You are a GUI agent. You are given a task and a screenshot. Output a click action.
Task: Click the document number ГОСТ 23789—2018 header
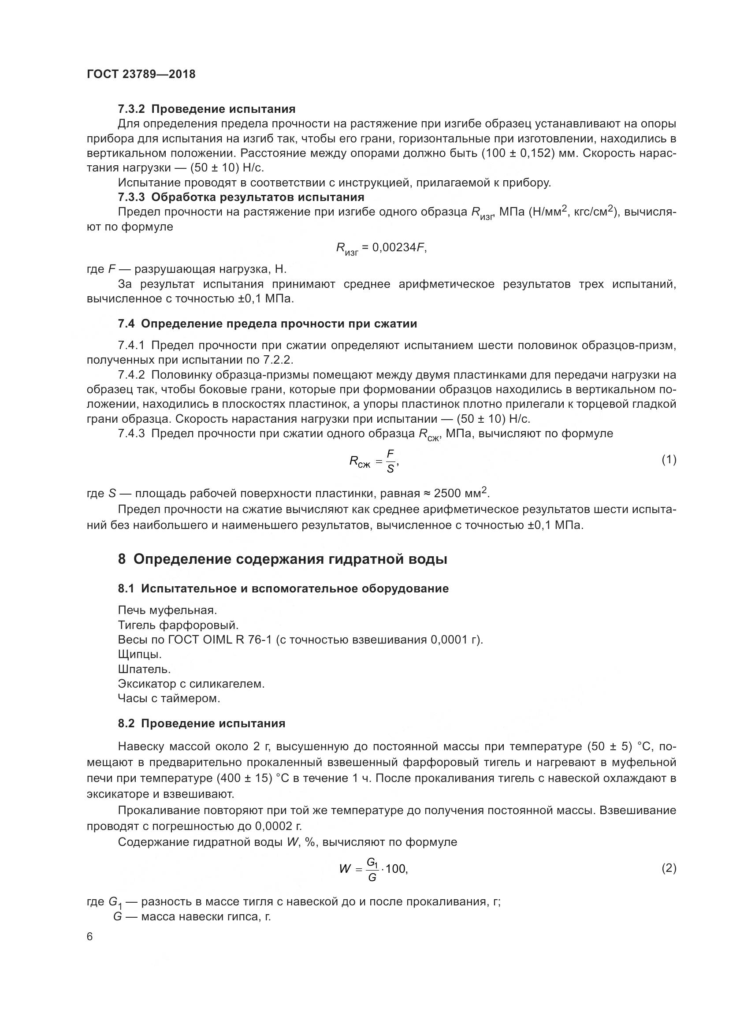(x=141, y=74)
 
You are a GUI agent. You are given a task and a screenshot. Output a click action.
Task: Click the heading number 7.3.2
(x=131, y=109)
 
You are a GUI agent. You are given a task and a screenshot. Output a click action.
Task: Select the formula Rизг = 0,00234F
(x=381, y=248)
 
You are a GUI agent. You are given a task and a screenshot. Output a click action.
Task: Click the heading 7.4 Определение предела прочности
(x=268, y=324)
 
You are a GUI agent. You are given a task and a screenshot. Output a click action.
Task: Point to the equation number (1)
(x=669, y=459)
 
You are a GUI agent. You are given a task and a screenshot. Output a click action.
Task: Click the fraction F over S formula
(x=390, y=461)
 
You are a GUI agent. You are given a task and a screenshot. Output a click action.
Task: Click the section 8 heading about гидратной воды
(x=283, y=559)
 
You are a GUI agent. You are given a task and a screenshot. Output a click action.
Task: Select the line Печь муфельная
(x=167, y=610)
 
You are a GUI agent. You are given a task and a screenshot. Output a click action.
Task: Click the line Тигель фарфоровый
(x=178, y=625)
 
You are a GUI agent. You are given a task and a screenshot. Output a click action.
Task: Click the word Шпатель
(x=144, y=669)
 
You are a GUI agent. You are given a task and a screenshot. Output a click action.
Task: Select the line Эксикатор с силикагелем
(x=191, y=684)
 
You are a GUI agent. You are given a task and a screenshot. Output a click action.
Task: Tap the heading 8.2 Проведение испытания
(x=201, y=723)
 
